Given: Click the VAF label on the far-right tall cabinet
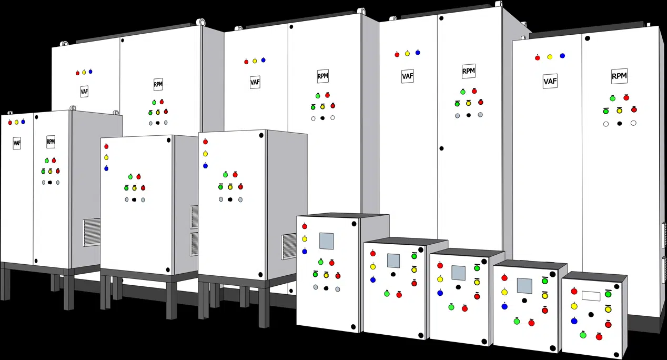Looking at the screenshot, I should pos(550,81).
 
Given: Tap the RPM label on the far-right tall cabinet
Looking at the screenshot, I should pos(619,76).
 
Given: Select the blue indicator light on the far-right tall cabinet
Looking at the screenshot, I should pos(562,56).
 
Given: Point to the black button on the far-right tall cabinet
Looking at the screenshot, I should pos(620,123).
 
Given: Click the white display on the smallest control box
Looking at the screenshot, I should pos(591,296).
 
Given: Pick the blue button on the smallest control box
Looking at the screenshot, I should pos(574,321).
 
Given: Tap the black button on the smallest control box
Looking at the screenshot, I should pos(591,315).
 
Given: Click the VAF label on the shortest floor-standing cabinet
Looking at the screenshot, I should pos(17,143).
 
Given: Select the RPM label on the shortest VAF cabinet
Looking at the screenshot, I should pos(50,141).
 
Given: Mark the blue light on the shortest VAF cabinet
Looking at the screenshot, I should pos(23,122).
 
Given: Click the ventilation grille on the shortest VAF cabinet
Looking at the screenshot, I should pos(92,232).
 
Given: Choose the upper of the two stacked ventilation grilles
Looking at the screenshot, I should pos(195,217).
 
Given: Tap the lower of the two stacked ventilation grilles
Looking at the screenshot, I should pos(195,244).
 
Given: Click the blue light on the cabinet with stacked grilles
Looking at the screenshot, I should pos(106,168).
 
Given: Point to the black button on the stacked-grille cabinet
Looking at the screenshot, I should pos(134,199).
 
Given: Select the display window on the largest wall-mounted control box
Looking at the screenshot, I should pos(326,241).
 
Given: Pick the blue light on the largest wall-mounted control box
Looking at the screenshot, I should pos(305,252).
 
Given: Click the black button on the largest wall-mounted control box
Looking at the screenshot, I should pos(326,288).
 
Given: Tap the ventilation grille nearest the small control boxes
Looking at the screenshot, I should pos(289,246).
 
